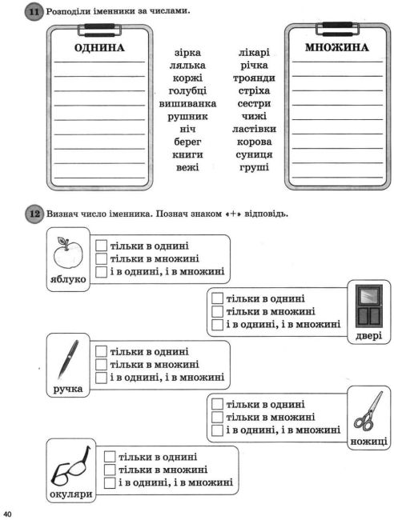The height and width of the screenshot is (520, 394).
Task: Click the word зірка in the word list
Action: coord(187,52)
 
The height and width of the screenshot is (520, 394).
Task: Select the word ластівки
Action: coord(254,129)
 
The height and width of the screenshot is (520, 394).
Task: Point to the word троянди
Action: coord(254,78)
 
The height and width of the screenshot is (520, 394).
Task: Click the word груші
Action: coord(254,168)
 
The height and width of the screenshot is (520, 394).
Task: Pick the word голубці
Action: coord(187,91)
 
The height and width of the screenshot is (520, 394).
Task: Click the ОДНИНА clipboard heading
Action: coord(98,49)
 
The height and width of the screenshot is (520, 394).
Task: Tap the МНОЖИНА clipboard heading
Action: coord(337,47)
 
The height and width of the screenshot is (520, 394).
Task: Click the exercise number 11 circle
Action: coord(34,12)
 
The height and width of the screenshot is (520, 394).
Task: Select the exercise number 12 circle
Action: coord(34,214)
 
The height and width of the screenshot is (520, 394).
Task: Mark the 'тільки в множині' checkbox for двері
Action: coord(216,311)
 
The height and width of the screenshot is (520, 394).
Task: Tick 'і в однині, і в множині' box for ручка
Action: coord(101,377)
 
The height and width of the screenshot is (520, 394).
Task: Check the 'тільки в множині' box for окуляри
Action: coord(111,470)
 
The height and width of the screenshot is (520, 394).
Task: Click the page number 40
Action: coord(9,513)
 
